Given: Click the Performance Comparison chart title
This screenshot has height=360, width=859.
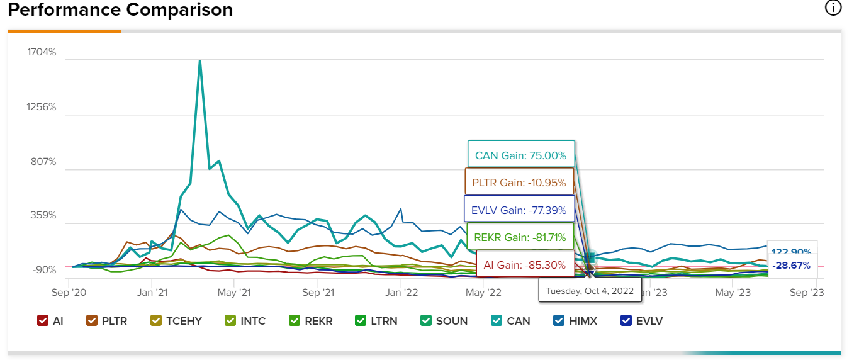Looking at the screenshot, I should pos(120,10).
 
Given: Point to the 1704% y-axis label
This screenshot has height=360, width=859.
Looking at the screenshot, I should pos(42,52).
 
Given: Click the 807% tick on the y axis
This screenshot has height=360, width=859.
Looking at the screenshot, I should pos(43,162).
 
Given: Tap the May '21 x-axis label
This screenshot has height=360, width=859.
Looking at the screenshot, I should pos(234,293).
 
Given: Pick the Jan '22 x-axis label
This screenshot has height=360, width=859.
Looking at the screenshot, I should pos(401,293).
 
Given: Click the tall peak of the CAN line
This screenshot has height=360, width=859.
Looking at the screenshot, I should pos(200,61).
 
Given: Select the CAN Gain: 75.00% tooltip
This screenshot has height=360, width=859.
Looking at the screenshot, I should pos(521,155).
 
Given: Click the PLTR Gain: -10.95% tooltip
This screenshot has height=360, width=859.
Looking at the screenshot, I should pos(519,183).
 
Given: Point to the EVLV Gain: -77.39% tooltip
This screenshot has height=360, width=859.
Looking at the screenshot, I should pos(519,210).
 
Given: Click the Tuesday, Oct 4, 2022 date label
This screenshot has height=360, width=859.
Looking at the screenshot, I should pos(590,291).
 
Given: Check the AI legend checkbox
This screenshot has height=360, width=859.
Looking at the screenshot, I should pos(43,321).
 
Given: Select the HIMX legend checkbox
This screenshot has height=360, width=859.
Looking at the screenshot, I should pos(558,321).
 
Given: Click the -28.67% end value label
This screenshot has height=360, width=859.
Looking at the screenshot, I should pos(791,266).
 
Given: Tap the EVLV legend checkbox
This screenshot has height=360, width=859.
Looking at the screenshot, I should pos(626,321).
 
